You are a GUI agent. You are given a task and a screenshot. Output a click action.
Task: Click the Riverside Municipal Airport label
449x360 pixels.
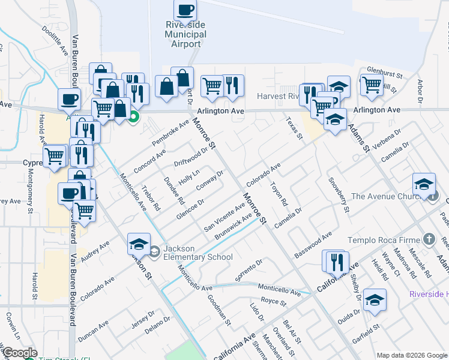186,34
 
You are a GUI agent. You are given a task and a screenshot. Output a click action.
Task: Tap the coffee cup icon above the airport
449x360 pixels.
185,10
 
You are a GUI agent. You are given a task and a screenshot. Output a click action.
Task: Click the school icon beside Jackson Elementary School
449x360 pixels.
139,244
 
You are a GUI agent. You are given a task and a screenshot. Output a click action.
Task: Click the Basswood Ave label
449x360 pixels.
313,245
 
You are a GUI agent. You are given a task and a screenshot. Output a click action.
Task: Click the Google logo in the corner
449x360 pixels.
19,353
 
